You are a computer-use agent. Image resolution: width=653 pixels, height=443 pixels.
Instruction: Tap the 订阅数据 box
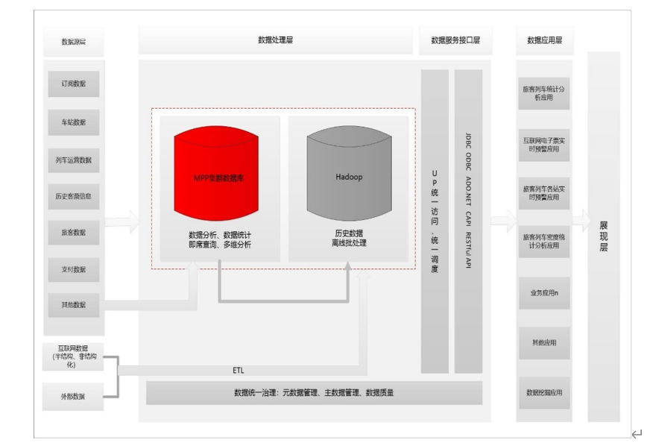74,84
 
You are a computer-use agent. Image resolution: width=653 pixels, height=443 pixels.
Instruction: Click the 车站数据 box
74,122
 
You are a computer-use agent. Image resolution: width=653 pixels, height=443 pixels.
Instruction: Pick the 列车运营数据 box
74,160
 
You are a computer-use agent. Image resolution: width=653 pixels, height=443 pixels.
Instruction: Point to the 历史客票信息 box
74,196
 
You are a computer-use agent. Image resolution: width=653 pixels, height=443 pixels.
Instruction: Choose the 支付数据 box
74,269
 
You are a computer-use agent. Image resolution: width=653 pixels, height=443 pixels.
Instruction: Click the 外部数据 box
73,396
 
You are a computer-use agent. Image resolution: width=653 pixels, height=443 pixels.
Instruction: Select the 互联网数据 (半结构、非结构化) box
73,356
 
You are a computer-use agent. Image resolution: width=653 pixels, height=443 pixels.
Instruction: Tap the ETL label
239,370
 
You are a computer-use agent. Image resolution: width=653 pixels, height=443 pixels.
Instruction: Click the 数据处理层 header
275,40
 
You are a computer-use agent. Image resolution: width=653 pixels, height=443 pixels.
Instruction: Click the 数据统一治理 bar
314,392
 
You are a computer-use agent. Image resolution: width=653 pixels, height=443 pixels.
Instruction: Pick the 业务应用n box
544,293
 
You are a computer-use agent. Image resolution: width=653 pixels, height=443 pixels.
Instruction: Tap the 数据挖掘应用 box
544,393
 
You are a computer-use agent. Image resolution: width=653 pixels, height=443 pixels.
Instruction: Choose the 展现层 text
604,236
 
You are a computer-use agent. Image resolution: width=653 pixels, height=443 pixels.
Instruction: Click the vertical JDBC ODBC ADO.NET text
468,201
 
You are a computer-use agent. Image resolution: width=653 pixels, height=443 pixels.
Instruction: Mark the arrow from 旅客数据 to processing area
122,221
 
